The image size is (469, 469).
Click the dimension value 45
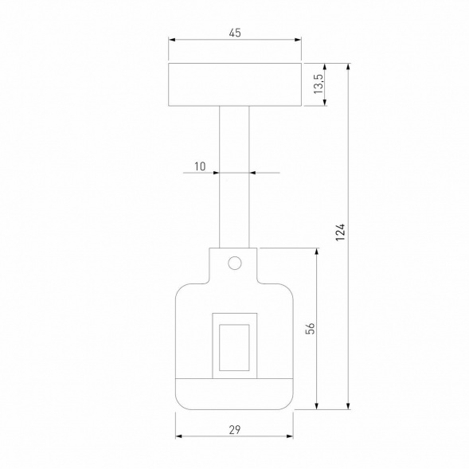click(235, 33)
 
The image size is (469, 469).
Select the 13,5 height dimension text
click(319, 84)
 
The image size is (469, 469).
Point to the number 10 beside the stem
click(199, 166)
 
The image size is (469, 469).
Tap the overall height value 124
click(340, 232)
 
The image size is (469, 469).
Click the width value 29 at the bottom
click(234, 429)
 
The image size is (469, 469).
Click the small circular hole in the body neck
click(234, 262)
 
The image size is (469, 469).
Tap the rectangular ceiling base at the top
click(235, 84)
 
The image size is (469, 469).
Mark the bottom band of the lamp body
click(234, 393)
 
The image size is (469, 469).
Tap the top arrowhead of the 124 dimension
click(349, 67)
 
